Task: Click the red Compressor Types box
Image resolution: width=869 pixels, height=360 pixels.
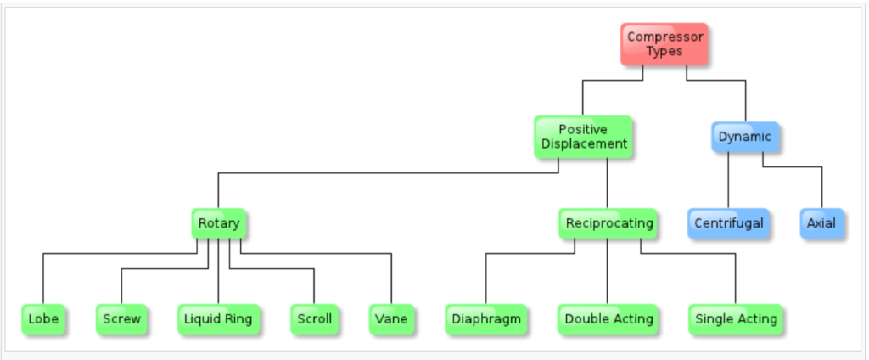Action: [x=664, y=44]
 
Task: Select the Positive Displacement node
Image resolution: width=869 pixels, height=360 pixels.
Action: [x=583, y=137]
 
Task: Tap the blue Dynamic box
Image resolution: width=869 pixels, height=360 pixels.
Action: [x=745, y=137]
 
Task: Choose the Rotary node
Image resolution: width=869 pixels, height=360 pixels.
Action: [x=218, y=223]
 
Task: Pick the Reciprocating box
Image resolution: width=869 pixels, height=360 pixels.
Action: [x=608, y=223]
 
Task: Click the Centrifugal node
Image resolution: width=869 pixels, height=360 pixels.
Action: [x=728, y=223]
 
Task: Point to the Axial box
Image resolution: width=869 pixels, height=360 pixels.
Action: [x=821, y=223]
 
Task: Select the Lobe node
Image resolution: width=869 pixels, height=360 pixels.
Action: [x=43, y=319]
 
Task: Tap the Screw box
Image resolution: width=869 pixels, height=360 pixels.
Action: [x=121, y=319]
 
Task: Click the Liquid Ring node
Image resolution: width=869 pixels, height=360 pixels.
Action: [x=218, y=319]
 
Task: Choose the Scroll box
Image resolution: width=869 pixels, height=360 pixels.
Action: [x=314, y=319]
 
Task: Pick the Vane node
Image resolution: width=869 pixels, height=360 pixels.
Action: [x=391, y=319]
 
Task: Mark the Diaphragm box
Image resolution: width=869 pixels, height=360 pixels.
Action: [x=486, y=319]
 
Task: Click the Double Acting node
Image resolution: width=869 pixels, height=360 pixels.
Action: [x=608, y=319]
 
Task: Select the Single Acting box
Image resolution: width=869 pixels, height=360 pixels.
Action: [x=736, y=319]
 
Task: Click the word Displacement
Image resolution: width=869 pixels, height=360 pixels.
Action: [x=584, y=144]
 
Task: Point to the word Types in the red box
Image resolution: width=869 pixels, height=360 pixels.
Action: [x=664, y=52]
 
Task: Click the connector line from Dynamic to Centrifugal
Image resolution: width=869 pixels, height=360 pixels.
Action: [x=728, y=180]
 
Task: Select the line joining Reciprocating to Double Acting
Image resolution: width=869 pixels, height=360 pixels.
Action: [x=608, y=271]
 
